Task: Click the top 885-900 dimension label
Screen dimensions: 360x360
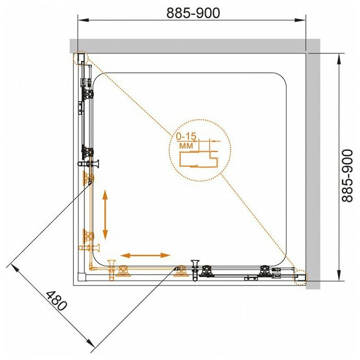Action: (x=193, y=13)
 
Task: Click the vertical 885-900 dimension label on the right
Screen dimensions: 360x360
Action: (x=347, y=176)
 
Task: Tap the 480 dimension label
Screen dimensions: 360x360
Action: (x=57, y=301)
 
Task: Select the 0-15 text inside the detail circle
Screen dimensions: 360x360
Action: (x=186, y=137)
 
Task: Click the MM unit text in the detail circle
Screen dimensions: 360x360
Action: (x=186, y=146)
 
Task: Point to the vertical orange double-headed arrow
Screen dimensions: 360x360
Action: (x=105, y=215)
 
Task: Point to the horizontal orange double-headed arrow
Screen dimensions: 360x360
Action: (x=145, y=256)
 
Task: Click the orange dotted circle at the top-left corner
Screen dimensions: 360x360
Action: (x=80, y=58)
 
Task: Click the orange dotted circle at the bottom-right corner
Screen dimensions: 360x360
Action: (x=300, y=277)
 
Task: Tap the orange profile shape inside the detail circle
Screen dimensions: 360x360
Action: (x=198, y=159)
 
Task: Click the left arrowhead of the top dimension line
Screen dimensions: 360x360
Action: (x=83, y=20)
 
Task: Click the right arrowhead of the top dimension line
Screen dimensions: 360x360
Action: (x=300, y=20)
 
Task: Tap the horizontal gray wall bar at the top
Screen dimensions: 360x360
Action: (x=194, y=46)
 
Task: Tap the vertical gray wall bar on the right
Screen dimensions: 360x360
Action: (x=313, y=164)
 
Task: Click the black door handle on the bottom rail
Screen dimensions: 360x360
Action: (x=195, y=270)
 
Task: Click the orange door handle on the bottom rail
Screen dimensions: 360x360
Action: (x=112, y=270)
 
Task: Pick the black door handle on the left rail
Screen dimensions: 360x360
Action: (x=88, y=164)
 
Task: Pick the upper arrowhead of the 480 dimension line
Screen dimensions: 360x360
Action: (x=16, y=268)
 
